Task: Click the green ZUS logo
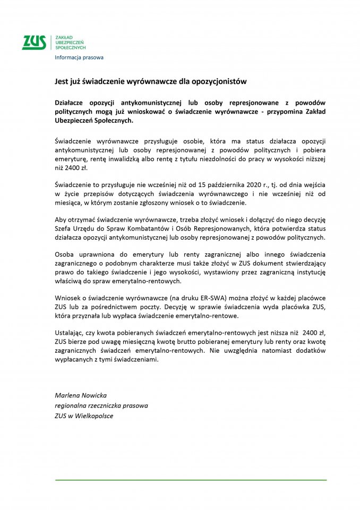[x=34, y=42]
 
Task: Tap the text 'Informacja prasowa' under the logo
[x=79, y=57]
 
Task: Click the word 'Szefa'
[x=64, y=229]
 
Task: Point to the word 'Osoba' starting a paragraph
[x=65, y=257]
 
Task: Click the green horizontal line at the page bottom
[x=191, y=480]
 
